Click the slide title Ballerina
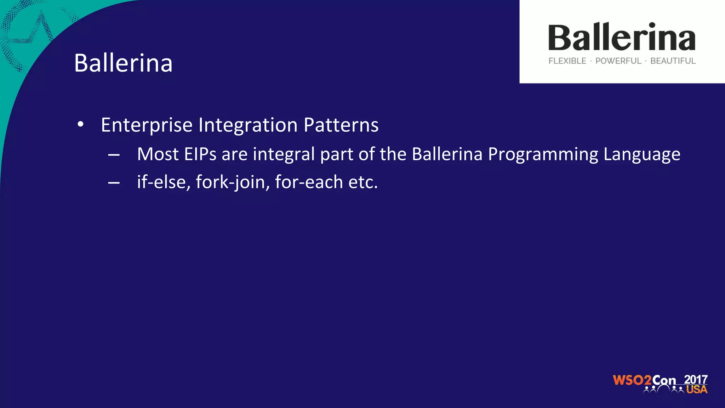(x=123, y=63)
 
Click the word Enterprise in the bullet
(x=147, y=125)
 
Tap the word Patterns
(x=341, y=125)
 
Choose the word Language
(x=641, y=155)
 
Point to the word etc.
(x=363, y=182)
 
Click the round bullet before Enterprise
(x=81, y=125)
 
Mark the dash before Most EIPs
(x=114, y=155)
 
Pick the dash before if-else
(x=114, y=183)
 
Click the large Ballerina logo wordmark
(x=622, y=38)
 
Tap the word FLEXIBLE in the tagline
(x=567, y=61)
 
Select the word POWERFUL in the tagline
(x=618, y=61)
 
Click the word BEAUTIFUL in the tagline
(x=673, y=61)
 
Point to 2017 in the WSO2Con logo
(x=696, y=379)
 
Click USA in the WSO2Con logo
(x=697, y=390)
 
